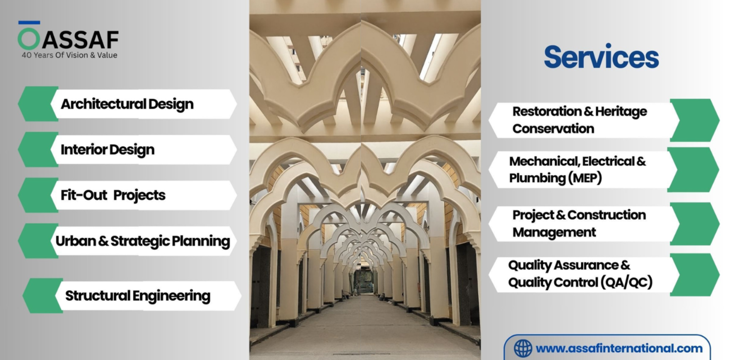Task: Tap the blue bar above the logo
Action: [x=29, y=23]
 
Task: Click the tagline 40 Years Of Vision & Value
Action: [x=69, y=55]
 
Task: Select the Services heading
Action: [x=601, y=57]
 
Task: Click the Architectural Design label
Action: [x=127, y=104]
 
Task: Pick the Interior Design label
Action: [x=107, y=150]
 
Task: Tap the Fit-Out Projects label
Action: [x=113, y=195]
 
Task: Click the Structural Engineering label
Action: [x=138, y=296]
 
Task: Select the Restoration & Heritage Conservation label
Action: [x=579, y=120]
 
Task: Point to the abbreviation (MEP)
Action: [x=585, y=178]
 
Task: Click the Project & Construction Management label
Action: [x=579, y=224]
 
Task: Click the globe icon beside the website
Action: [x=523, y=348]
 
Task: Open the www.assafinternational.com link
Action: [x=619, y=348]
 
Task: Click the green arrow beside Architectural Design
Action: [x=37, y=104]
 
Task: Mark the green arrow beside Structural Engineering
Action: [x=42, y=295]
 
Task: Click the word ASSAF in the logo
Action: [x=80, y=40]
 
